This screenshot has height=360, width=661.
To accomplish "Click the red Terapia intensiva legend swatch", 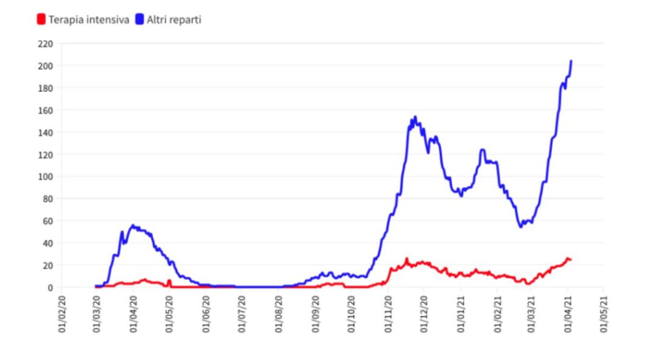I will click(x=41, y=20).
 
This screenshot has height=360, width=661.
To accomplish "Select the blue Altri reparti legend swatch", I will click(x=140, y=20).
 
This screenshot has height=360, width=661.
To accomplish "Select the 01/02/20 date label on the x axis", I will click(x=62, y=315).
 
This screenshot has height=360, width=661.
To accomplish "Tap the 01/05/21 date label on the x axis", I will click(x=604, y=315).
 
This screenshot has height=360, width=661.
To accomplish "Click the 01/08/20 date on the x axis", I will click(x=279, y=315).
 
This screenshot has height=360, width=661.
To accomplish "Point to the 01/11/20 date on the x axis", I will click(x=387, y=315).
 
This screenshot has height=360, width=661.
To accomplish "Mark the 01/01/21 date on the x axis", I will click(x=460, y=315).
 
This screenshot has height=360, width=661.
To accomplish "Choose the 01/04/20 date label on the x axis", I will click(x=134, y=315).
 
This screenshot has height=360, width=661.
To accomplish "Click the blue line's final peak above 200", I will click(x=571, y=61).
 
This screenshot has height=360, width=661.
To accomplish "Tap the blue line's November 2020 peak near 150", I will click(x=415, y=117).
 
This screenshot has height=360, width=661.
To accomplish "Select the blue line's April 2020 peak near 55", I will click(x=133, y=225).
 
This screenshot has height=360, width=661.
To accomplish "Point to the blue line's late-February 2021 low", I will click(x=520, y=227).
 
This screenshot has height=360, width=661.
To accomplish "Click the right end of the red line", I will click(x=571, y=260).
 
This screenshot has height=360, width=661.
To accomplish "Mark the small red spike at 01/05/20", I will click(x=169, y=280).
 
